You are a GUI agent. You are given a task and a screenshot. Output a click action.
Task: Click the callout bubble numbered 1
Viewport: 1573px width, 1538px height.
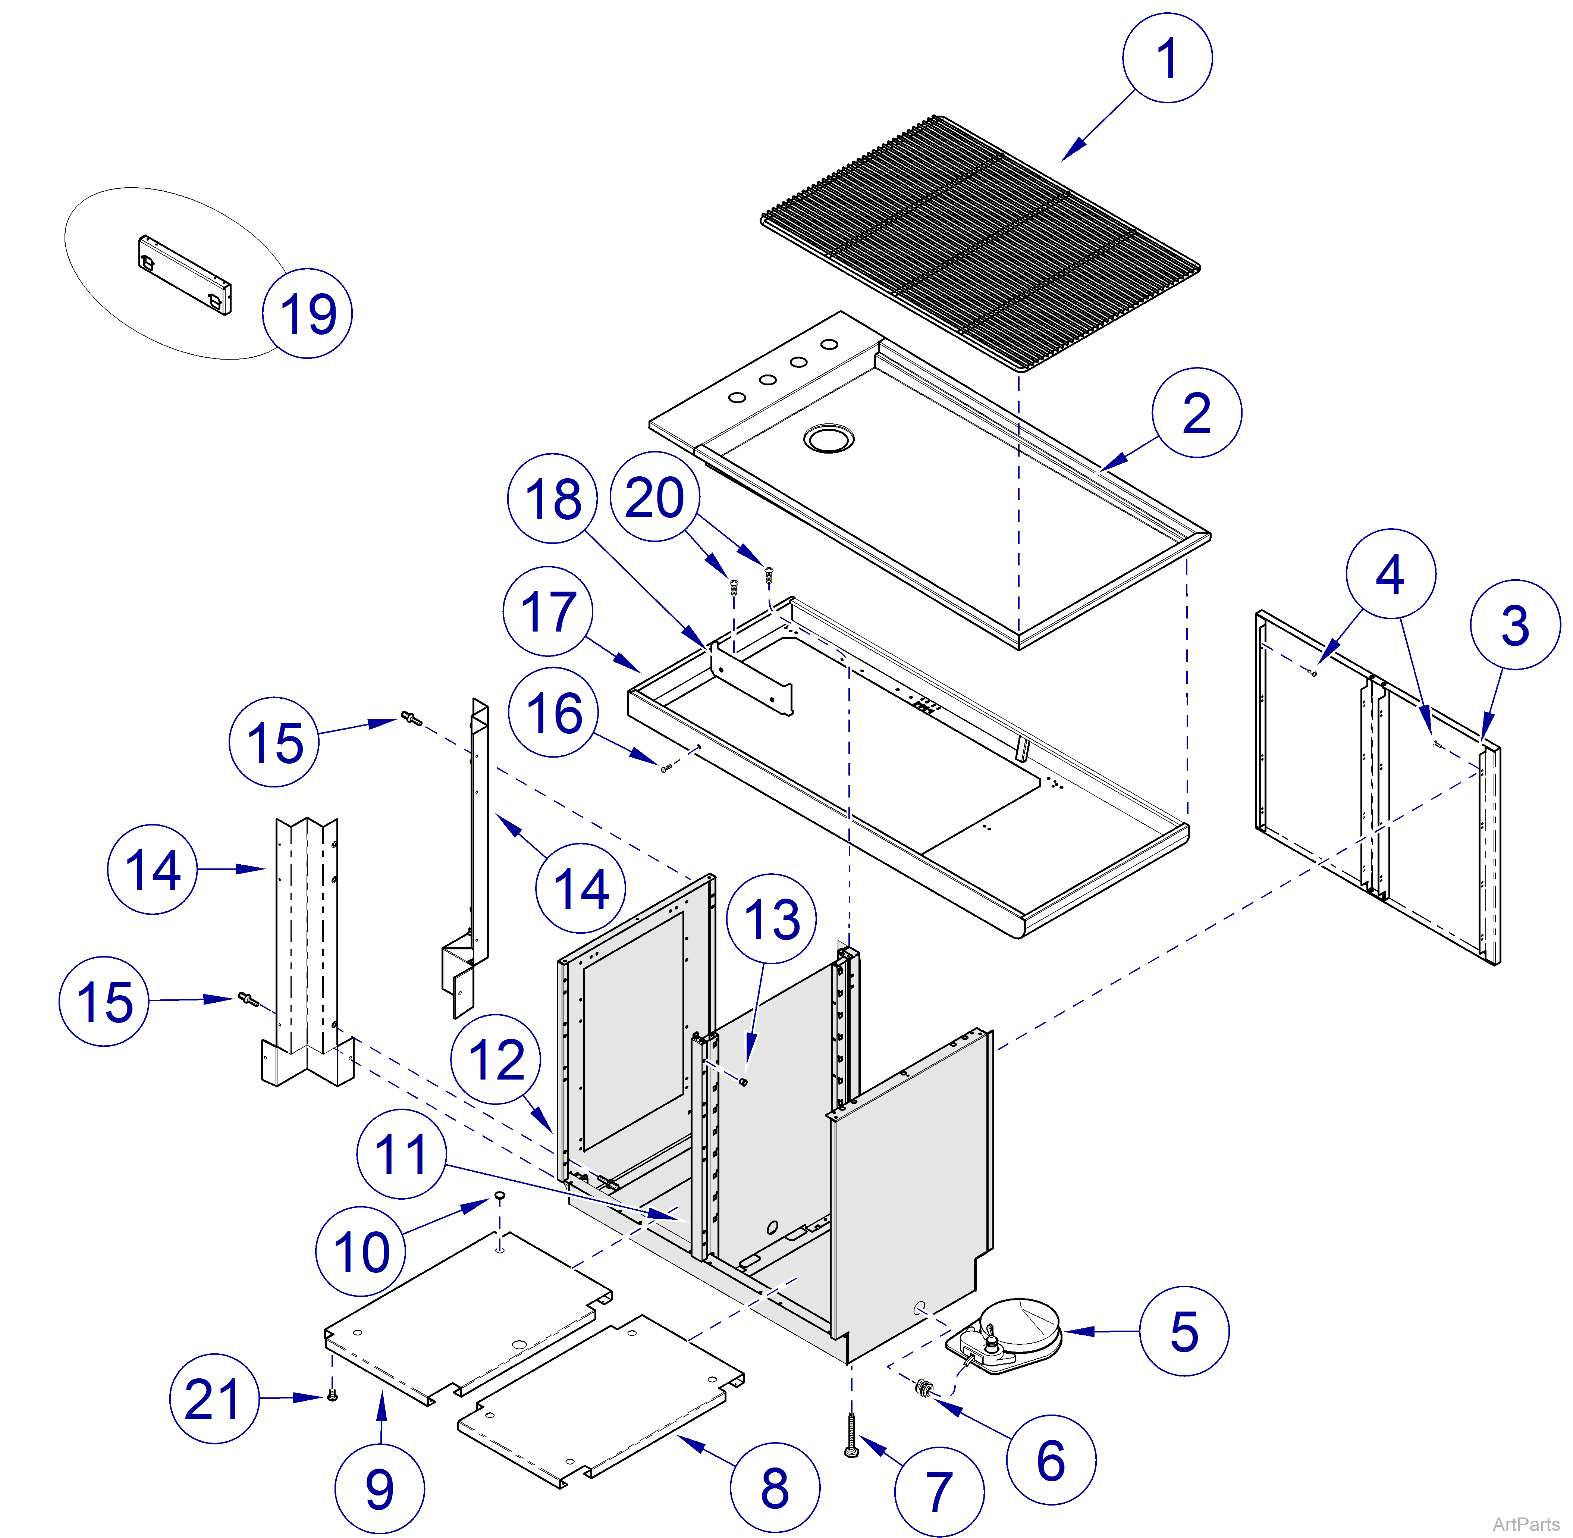tap(1167, 58)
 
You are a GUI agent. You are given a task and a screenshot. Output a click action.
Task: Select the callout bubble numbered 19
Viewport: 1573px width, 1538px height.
tap(307, 313)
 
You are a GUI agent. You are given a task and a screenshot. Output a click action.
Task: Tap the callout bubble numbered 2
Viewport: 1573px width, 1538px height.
tap(1196, 413)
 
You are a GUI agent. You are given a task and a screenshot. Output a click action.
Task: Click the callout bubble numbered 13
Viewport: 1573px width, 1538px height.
tap(771, 918)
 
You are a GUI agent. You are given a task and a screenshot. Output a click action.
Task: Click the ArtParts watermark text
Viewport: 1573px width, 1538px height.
tap(1525, 1523)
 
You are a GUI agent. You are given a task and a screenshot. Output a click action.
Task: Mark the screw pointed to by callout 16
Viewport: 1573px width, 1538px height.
tap(665, 768)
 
